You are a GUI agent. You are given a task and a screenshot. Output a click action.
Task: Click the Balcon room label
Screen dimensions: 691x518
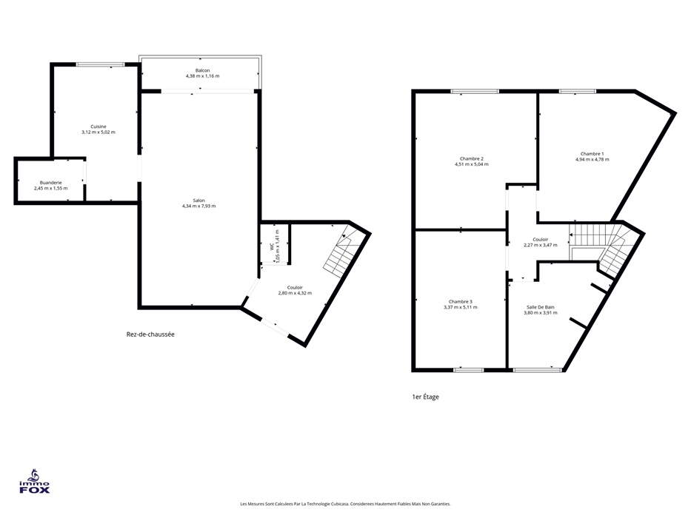click(203, 70)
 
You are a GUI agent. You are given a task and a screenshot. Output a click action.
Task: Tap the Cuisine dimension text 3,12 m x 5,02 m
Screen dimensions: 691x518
click(99, 132)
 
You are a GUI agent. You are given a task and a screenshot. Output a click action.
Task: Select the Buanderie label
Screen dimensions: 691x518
click(50, 182)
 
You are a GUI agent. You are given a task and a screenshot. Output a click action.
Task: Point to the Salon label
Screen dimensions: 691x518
click(198, 201)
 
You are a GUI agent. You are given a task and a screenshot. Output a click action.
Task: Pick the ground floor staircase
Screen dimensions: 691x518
click(341, 253)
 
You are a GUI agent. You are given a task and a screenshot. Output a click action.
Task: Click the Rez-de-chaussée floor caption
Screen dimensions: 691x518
click(150, 334)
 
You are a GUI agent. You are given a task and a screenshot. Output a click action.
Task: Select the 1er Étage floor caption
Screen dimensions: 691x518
click(425, 397)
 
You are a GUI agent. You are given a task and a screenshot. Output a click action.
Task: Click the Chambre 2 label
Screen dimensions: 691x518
click(472, 158)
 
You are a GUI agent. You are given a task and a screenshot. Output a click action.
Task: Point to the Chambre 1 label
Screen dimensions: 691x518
click(592, 154)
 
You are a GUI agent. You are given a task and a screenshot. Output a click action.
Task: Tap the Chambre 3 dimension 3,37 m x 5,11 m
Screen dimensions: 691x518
click(460, 307)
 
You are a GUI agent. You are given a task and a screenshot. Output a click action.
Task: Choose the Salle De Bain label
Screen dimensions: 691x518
click(541, 307)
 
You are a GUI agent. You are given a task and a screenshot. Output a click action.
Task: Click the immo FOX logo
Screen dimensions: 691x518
click(34, 482)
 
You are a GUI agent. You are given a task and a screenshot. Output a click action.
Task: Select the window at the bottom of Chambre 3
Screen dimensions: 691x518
click(469, 370)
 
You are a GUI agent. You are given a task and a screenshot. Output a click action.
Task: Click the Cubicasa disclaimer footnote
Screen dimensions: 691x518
click(345, 504)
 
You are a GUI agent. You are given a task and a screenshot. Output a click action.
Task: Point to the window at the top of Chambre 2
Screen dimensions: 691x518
click(475, 91)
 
